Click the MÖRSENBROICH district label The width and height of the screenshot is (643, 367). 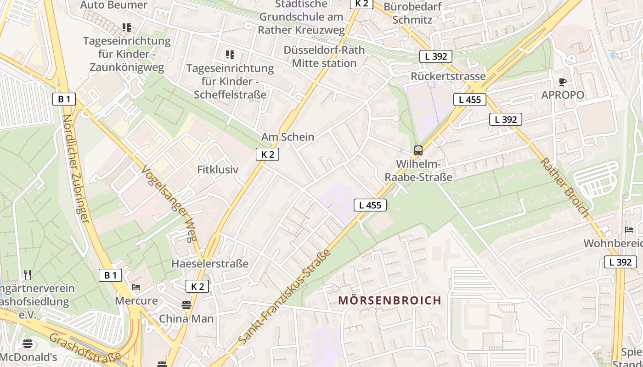(389, 300)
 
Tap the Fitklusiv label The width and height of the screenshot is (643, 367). (218, 169)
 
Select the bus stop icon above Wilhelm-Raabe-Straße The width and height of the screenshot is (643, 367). (418, 150)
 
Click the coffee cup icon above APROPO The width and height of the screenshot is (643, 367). (563, 82)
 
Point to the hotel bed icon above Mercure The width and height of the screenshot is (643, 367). (136, 287)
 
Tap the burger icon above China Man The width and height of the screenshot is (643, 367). (186, 305)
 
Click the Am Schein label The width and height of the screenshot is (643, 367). (288, 137)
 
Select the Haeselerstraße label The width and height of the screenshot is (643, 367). (210, 264)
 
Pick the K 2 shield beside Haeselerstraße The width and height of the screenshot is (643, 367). (197, 287)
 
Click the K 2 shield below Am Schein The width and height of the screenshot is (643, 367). (267, 155)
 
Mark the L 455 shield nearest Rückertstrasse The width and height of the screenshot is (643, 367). (470, 100)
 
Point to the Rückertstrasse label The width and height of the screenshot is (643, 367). (448, 76)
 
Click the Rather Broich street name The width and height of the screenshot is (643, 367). (564, 188)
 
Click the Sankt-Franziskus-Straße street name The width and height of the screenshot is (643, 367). (285, 298)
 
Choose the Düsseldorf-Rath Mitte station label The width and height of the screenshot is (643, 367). (324, 56)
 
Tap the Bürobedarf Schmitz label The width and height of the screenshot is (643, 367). (412, 13)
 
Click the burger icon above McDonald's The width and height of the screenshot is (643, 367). (28, 344)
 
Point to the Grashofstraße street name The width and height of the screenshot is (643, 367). (85, 347)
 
